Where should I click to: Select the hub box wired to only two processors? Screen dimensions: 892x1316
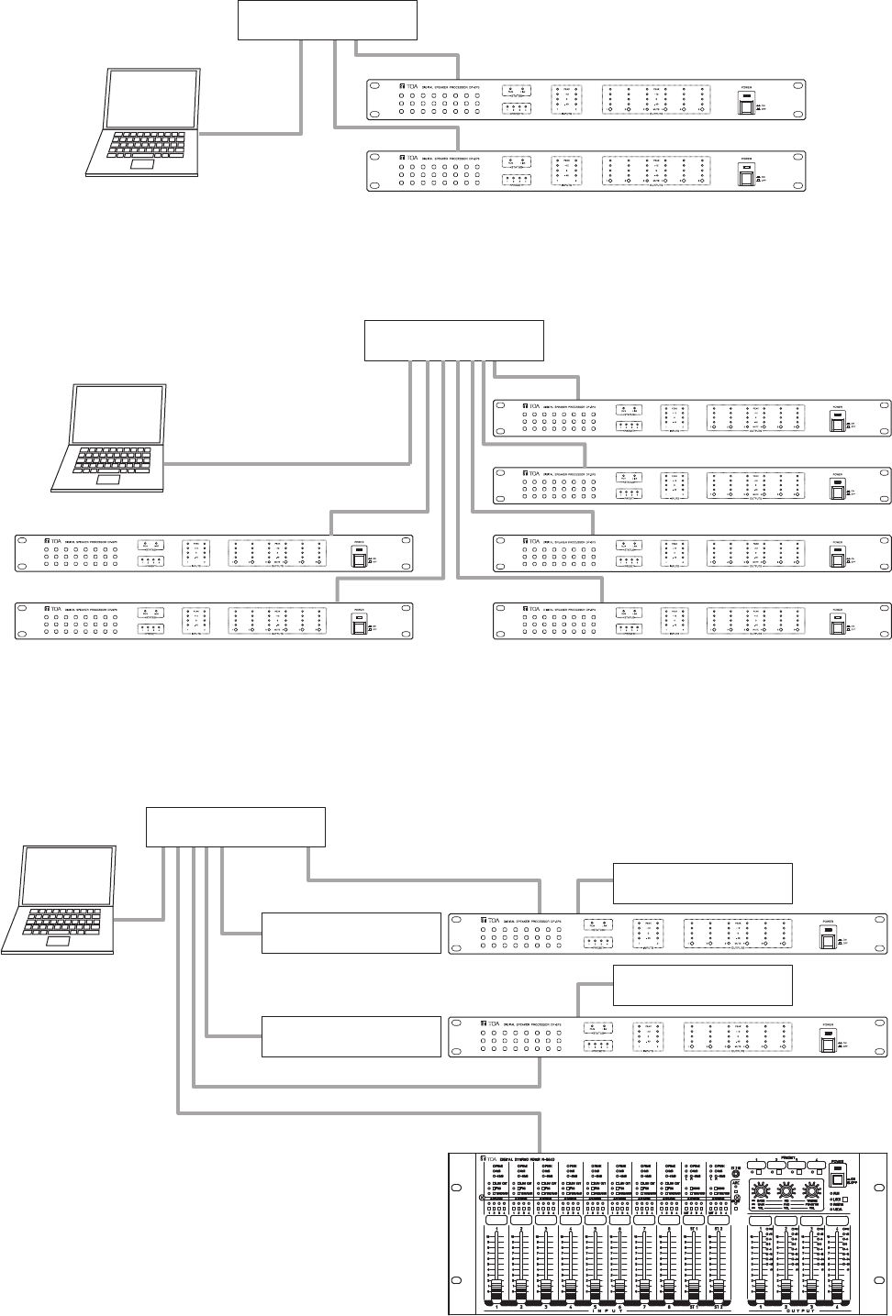tap(328, 20)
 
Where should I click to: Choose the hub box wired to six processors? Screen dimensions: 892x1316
tap(454, 340)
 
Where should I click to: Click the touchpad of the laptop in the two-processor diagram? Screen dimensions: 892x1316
tap(141, 166)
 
